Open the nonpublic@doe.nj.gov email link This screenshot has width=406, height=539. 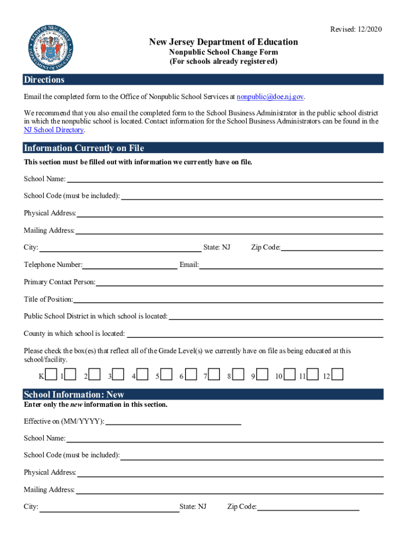point(270,97)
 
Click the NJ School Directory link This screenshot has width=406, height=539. point(54,130)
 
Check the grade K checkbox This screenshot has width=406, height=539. point(51,374)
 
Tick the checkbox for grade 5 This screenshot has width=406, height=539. point(167,374)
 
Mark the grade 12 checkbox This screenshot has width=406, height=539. point(337,374)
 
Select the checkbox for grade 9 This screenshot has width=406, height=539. point(262,374)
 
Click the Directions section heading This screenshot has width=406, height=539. point(44,80)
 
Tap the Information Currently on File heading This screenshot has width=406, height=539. point(84,148)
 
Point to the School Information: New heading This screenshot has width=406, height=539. point(74,395)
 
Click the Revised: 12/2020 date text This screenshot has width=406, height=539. point(356,29)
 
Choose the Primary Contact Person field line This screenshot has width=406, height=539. point(239,283)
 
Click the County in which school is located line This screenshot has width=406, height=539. point(255,334)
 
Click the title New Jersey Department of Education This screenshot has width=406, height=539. point(224,42)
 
